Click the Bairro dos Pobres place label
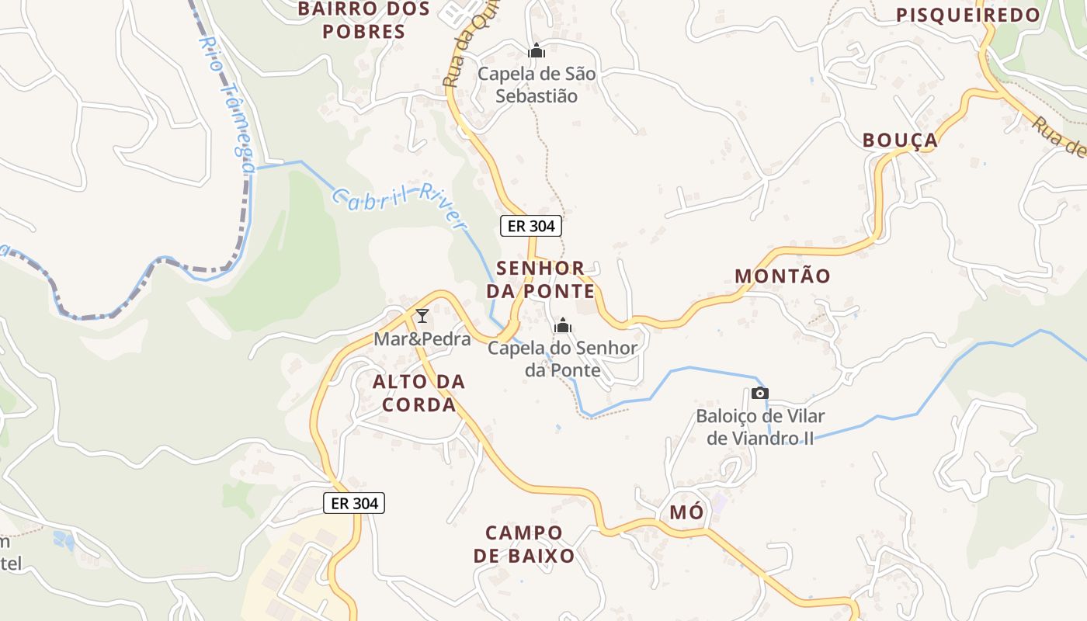coord(363,20)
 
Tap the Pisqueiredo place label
coord(967,15)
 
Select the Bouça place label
coord(900,141)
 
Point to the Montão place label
coord(782,276)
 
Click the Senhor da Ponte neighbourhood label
coord(540,279)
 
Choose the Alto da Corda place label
coord(418,393)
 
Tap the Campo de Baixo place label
coord(524,544)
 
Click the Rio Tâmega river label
coord(230,101)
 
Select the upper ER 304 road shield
coord(530,226)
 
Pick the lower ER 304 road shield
coord(354,503)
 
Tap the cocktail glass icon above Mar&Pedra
coord(422,315)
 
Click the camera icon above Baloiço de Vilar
coord(760,394)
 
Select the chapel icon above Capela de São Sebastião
coord(537,51)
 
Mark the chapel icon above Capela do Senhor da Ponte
coord(563,325)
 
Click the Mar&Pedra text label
coord(422,339)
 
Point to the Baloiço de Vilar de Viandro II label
coord(760,427)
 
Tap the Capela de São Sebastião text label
coord(537,85)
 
